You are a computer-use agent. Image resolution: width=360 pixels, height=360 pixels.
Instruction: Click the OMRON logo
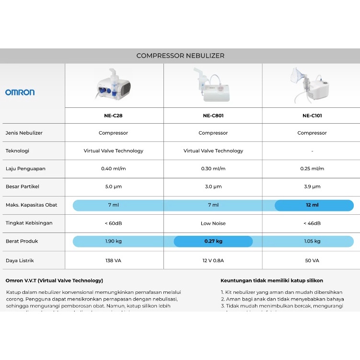[20, 92]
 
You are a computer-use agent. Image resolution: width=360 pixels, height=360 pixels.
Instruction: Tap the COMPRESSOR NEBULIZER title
[180, 56]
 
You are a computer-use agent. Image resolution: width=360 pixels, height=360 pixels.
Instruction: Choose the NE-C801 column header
[213, 116]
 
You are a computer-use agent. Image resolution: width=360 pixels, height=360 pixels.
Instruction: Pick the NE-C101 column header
[312, 116]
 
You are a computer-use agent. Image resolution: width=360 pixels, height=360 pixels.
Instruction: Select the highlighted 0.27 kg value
[213, 241]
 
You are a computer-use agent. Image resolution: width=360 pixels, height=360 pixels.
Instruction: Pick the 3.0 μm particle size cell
[213, 187]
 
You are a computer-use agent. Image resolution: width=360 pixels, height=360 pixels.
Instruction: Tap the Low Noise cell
[213, 223]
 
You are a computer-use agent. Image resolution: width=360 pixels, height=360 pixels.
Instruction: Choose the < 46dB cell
[312, 223]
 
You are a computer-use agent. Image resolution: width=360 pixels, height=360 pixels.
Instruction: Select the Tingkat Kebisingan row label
[29, 223]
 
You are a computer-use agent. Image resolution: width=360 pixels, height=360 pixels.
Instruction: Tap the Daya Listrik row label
[20, 260]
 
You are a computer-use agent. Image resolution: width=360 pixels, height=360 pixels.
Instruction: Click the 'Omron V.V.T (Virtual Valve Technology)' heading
[54, 280]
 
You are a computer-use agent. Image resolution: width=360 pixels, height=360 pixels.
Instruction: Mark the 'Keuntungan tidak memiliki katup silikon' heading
[271, 280]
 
